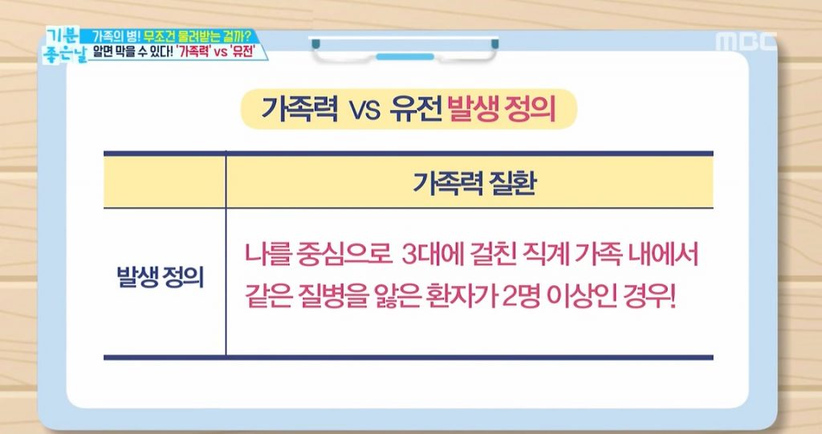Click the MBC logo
click(746, 42)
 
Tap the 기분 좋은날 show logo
click(64, 46)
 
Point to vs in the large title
click(364, 111)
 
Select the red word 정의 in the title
click(530, 109)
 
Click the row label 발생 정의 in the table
click(160, 276)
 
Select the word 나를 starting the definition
click(268, 255)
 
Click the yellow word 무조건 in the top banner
click(161, 37)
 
